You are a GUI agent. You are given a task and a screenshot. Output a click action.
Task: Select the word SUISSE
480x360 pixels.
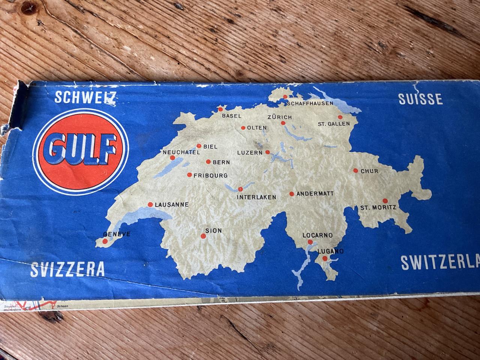(x=420, y=99)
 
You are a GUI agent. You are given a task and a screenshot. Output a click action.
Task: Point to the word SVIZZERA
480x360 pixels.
(x=67, y=269)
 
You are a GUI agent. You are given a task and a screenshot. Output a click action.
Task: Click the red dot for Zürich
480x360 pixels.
(x=283, y=123)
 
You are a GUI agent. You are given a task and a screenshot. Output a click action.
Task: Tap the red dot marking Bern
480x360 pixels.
(x=208, y=162)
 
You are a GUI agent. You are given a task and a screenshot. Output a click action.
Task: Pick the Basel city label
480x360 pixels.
(x=232, y=116)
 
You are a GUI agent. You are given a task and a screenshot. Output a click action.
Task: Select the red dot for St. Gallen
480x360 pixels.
(x=340, y=117)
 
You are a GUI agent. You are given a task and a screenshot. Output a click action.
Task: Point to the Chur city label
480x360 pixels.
(x=369, y=171)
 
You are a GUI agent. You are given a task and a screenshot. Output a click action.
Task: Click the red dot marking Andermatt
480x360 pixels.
(x=291, y=194)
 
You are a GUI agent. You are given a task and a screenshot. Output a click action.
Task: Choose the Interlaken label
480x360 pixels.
(x=257, y=197)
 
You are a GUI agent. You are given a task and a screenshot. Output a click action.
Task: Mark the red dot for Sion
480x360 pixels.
(x=203, y=236)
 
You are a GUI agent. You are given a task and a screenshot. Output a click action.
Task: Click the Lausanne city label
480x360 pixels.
(x=172, y=205)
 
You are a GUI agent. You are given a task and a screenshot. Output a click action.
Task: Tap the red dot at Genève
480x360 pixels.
(x=103, y=242)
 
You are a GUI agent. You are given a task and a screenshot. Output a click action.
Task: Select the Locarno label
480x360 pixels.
(x=318, y=235)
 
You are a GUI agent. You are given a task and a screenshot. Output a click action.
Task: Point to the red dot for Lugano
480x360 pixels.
(x=325, y=259)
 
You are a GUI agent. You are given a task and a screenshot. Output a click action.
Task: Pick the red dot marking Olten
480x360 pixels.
(x=243, y=128)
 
